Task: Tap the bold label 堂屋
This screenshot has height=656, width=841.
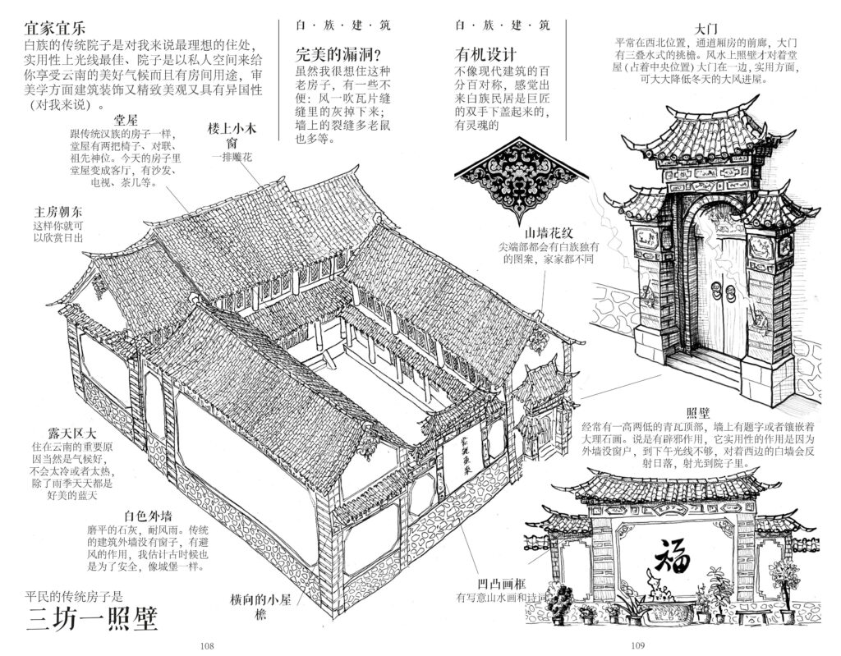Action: (x=126, y=121)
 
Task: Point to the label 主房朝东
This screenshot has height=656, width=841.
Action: (x=54, y=211)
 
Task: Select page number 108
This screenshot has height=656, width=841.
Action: (x=207, y=645)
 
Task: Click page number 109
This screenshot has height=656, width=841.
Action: (x=638, y=645)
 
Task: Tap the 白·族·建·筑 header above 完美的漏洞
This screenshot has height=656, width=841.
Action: (x=338, y=25)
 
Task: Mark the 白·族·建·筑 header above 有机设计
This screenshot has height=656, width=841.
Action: (x=502, y=25)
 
